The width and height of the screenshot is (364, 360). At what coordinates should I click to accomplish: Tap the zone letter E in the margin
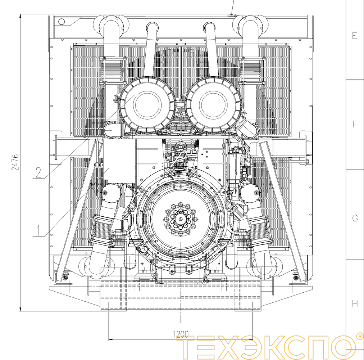pyautogui.click(x=355, y=36)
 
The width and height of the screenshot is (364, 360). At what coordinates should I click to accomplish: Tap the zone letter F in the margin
pyautogui.click(x=355, y=125)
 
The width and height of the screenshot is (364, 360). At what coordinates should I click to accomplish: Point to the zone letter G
pyautogui.click(x=355, y=218)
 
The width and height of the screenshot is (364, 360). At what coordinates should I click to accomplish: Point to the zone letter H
pyautogui.click(x=355, y=303)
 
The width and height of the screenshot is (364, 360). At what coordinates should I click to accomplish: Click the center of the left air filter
pyautogui.click(x=147, y=104)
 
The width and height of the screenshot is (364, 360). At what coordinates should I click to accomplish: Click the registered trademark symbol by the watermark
pyautogui.click(x=359, y=336)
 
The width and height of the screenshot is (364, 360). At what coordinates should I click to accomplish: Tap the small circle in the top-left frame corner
pyautogui.click(x=62, y=22)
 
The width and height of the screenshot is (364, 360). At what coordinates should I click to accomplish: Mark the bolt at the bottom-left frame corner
pyautogui.click(x=65, y=276)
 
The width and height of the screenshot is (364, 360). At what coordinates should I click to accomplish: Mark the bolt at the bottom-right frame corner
pyautogui.click(x=296, y=276)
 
